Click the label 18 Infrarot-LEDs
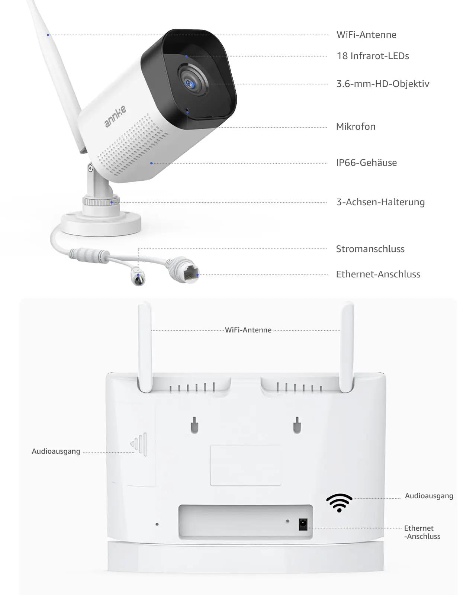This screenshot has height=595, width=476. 373,56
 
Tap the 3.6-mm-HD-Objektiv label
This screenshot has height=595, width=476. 383,84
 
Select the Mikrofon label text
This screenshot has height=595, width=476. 356,127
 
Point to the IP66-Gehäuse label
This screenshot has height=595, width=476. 366,163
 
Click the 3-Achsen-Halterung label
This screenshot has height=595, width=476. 380,202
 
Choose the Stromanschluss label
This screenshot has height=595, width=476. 370,249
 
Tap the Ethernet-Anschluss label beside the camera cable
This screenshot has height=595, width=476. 378,274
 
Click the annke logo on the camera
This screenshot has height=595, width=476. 115,116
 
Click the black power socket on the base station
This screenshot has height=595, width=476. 303,524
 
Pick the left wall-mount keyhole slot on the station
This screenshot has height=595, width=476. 194,425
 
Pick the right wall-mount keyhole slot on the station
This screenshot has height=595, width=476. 297,425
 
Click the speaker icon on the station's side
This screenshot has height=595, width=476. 139,444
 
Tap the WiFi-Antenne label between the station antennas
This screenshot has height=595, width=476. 248,330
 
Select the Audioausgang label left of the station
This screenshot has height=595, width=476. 56,451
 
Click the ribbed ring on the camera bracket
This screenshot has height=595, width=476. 101,201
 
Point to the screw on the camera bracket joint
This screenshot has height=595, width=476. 90,168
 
